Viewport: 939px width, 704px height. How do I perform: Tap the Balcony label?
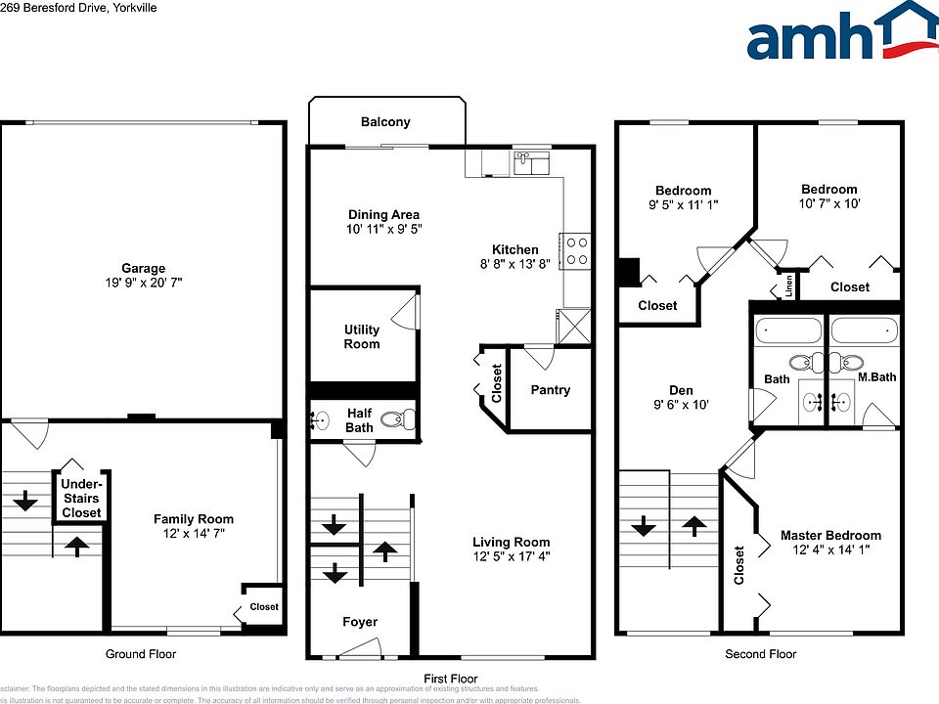pos(385,122)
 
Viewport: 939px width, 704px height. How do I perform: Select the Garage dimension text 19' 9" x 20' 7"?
pos(143,283)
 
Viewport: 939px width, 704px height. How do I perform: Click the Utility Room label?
pos(361,336)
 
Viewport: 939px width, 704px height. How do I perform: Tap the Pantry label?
pos(550,390)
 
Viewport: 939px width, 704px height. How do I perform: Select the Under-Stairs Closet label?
pos(81,498)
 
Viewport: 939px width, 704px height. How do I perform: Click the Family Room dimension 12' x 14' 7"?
pos(193,534)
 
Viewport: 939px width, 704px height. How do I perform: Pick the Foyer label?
pos(359,622)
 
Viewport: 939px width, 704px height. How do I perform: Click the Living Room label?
pos(511,542)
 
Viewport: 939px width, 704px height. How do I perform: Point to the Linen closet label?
pos(788,286)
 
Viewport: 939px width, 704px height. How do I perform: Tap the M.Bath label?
pos(876,377)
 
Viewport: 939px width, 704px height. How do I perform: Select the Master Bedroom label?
pos(830,535)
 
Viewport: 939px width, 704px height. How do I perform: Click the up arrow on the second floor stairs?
pos(694,526)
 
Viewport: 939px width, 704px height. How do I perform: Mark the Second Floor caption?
pos(760,654)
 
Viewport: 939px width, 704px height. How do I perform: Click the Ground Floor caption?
pos(141,654)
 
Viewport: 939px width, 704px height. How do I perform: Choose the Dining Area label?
pos(383,215)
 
